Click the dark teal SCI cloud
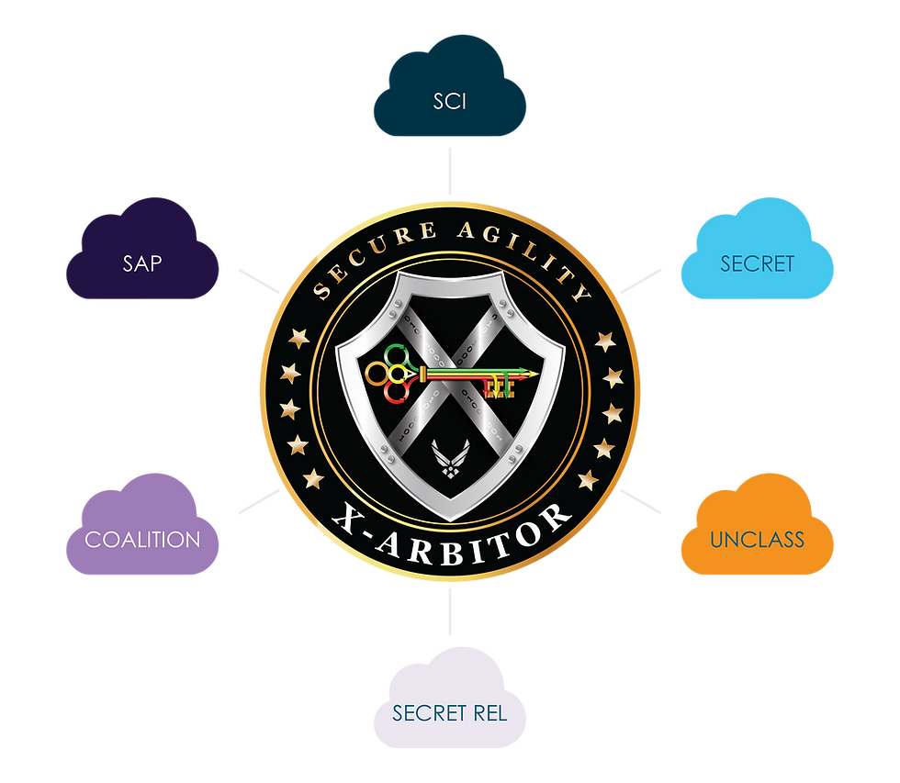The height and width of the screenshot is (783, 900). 450,92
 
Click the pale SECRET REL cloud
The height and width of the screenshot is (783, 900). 450,704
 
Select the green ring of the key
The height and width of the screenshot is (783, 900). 396,354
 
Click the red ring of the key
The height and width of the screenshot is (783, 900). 396,392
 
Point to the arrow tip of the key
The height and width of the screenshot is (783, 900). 537,374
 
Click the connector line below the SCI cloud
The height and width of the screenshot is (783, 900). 450,171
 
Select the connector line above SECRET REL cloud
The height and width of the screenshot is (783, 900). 450,611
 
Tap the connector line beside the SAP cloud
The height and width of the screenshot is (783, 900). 259,281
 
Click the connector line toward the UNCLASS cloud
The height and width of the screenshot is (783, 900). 641,501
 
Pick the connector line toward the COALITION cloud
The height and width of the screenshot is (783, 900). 259,501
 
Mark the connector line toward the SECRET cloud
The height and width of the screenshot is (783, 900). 641,281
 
